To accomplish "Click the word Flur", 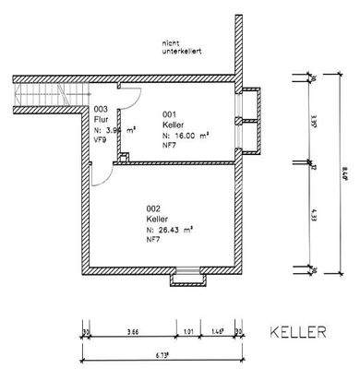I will [102, 120].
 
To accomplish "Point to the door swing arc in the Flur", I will [132, 96].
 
